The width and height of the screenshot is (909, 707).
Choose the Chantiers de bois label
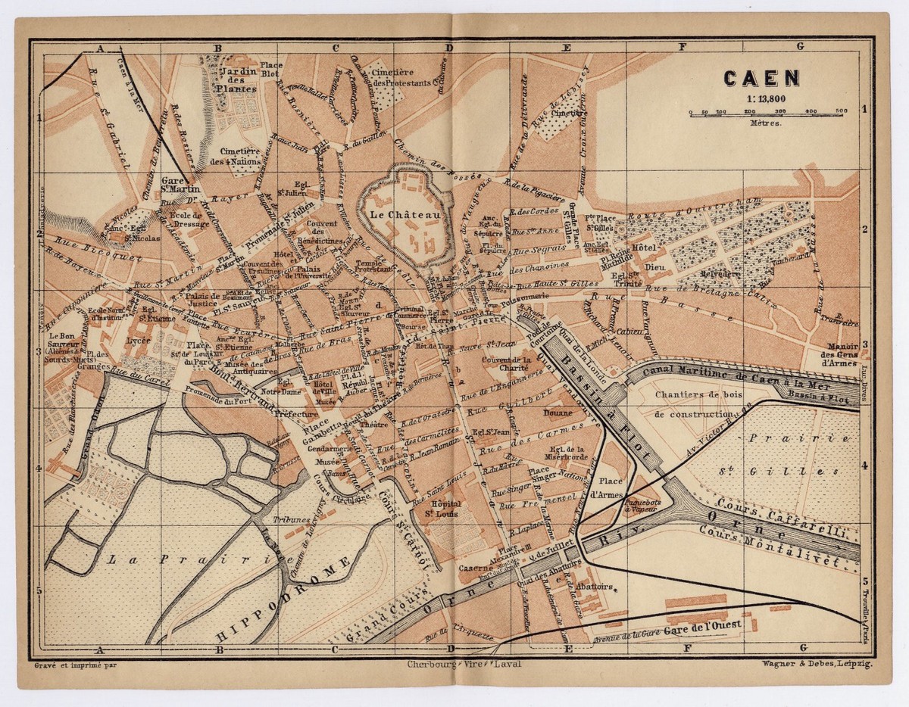point(697,394)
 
